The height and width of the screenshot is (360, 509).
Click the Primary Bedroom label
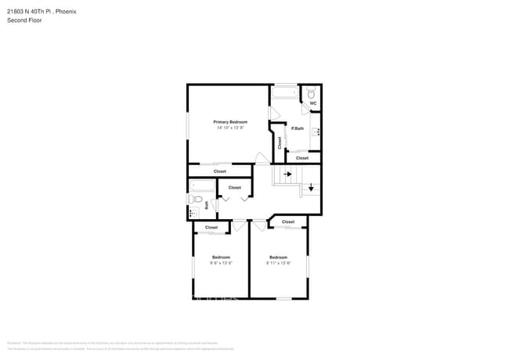(231, 122)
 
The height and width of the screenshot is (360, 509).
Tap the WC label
(312, 103)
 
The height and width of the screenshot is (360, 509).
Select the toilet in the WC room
(312, 92)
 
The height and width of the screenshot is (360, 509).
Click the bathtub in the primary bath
(283, 94)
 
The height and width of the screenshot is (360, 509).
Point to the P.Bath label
(298, 128)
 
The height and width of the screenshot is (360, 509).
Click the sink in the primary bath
(316, 132)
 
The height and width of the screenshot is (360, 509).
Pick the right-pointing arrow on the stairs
(287, 175)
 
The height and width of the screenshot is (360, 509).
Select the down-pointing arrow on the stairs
(311, 187)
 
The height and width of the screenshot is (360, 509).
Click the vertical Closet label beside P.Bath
(280, 142)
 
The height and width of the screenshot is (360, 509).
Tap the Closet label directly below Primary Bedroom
(220, 171)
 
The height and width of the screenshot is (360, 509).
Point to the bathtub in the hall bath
(201, 186)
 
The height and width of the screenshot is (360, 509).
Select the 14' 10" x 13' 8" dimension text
(231, 128)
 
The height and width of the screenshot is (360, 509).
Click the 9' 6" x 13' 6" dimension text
(221, 263)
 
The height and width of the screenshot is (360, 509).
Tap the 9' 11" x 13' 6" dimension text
(278, 263)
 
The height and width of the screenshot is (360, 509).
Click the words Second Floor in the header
(25, 20)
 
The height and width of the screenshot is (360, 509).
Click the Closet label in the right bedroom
(288, 221)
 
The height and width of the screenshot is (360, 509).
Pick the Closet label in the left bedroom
(211, 227)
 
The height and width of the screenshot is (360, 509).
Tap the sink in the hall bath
(193, 212)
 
